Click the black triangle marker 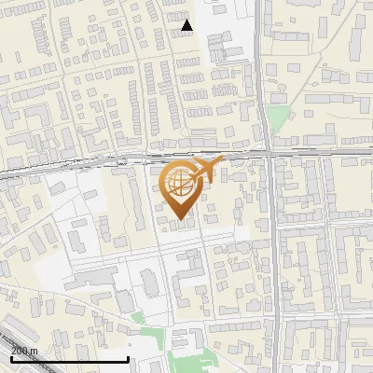pyautogui.click(x=187, y=25)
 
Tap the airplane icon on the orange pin pyautogui.click(x=207, y=170)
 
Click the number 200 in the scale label pyautogui.click(x=21, y=351)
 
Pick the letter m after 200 pyautogui.click(x=35, y=351)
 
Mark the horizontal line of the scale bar pyautogui.click(x=70, y=359)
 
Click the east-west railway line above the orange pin pyautogui.click(x=140, y=155)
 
